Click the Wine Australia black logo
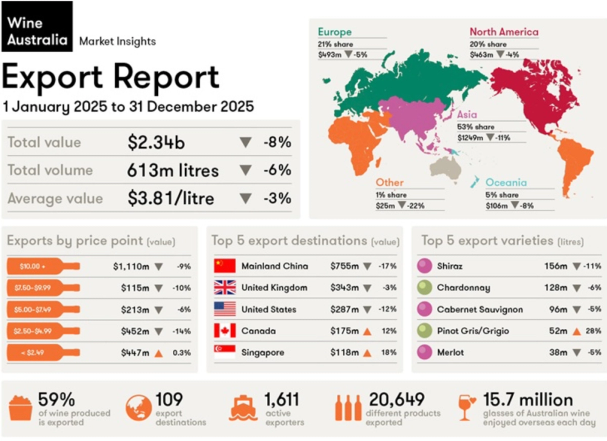click(37, 26)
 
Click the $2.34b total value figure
click(156, 143)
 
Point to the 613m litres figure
click(172, 170)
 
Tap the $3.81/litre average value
click(171, 198)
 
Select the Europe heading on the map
click(335, 32)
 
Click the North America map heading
click(504, 32)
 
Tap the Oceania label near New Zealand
click(506, 182)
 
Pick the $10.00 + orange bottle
click(43, 266)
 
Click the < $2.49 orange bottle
click(43, 352)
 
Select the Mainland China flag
click(225, 266)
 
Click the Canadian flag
click(225, 331)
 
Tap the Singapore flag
click(225, 352)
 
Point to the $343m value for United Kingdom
click(345, 288)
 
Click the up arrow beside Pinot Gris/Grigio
click(577, 332)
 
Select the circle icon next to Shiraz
click(425, 266)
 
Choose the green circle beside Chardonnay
click(425, 288)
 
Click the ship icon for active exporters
click(243, 408)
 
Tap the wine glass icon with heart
click(466, 408)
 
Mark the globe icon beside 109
click(138, 408)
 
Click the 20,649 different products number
click(397, 400)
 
